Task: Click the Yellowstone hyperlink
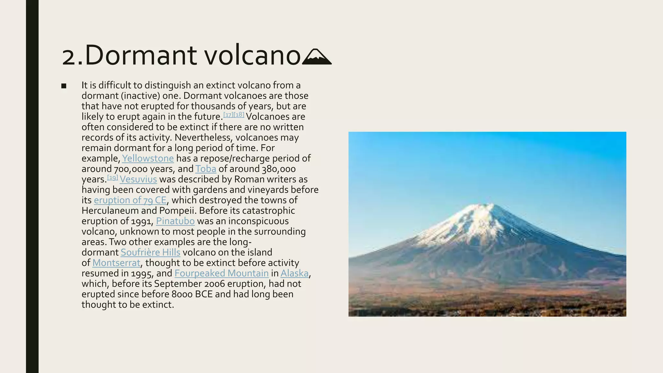(x=148, y=158)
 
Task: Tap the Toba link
(x=206, y=169)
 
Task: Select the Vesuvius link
(x=138, y=179)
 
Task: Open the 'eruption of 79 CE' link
(x=130, y=200)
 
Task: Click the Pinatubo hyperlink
(x=175, y=221)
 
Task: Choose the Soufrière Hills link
(x=150, y=253)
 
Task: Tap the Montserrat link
(x=116, y=263)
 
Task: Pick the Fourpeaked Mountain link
(x=221, y=273)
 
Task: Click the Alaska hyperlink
(x=294, y=273)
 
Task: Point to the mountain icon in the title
(x=317, y=57)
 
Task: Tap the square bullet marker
(x=64, y=86)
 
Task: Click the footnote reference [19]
(x=113, y=177)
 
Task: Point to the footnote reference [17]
(x=228, y=115)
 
